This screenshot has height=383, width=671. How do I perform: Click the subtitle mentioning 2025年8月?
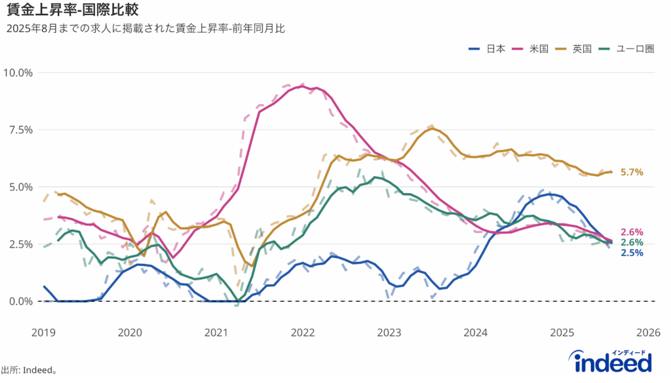point(146,29)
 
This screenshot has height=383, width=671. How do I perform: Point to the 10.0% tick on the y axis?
point(18,72)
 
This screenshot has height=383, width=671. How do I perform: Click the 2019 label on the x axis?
point(44,332)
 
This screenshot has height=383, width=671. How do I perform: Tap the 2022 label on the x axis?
point(303,332)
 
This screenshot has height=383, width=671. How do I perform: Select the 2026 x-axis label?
point(647,332)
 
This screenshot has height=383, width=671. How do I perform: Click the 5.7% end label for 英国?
point(631,172)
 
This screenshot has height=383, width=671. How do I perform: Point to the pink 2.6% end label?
point(631,232)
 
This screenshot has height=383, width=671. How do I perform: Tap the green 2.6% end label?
point(631,242)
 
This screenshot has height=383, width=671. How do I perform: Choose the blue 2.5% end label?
point(631,253)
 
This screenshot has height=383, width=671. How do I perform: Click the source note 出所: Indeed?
point(29,370)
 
